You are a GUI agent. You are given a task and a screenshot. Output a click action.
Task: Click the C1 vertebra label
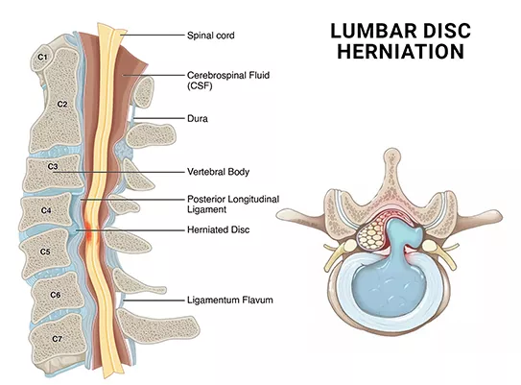click(42, 58)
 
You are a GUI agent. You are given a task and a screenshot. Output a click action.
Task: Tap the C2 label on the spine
click(62, 104)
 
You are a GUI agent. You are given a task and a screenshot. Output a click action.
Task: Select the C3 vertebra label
click(53, 166)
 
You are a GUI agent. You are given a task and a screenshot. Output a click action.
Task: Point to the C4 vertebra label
click(46, 210)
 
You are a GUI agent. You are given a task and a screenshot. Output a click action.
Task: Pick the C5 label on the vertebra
click(45, 252)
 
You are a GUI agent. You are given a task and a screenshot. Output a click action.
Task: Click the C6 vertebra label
click(56, 295)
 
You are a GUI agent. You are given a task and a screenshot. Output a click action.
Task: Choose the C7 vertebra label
click(58, 339)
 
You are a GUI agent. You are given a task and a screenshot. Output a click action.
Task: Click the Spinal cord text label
click(211, 36)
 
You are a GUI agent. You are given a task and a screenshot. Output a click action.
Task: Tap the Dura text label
click(198, 118)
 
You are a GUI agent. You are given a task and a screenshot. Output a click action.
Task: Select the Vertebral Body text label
click(218, 172)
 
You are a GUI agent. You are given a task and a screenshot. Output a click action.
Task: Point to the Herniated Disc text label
click(218, 229)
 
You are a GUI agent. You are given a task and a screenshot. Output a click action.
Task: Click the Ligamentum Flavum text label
click(230, 300)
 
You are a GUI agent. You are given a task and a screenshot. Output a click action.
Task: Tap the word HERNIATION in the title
click(401, 52)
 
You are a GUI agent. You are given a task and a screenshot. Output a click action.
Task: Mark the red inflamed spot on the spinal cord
click(88, 229)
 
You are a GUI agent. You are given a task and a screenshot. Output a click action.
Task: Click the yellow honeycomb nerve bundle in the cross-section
click(370, 234)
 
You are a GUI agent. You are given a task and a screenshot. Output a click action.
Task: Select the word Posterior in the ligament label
click(206, 199)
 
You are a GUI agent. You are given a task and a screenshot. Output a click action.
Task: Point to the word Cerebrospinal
click(215, 76)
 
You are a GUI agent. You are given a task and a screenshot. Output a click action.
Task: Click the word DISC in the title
click(447, 31)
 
